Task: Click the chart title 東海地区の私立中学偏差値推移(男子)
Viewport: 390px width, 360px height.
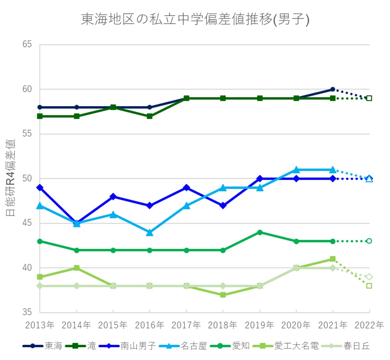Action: [195, 20]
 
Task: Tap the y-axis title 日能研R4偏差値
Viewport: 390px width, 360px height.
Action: [11, 178]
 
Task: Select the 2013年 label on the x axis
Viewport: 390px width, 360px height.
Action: [40, 325]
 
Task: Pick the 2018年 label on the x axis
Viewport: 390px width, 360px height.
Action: [223, 325]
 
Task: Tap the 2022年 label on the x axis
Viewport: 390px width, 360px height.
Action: [369, 325]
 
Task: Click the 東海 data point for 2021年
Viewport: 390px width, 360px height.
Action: [333, 89]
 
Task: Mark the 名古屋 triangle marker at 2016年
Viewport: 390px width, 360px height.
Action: [150, 232]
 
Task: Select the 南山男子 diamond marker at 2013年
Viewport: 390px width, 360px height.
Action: [40, 187]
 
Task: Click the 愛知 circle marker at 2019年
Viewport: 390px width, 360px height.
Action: [260, 232]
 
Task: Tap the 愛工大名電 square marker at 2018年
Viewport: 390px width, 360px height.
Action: [223, 295]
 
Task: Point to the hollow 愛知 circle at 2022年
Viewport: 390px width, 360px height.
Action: [369, 241]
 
